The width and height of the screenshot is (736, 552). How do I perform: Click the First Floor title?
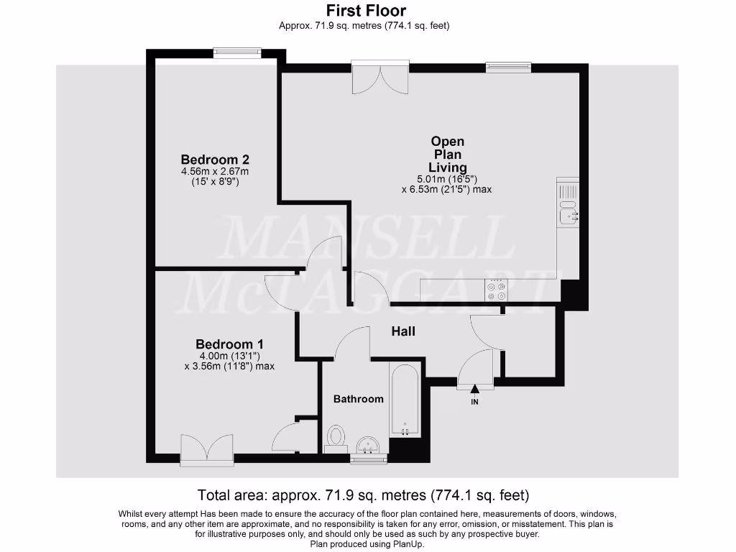(365, 11)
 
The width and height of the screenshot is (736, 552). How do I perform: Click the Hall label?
(403, 331)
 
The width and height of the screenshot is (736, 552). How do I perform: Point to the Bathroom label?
(358, 398)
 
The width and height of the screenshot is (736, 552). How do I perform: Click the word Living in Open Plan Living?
(447, 167)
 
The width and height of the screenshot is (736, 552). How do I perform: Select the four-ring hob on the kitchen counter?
(496, 290)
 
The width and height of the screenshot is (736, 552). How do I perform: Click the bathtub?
(405, 400)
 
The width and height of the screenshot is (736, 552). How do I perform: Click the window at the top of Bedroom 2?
(237, 51)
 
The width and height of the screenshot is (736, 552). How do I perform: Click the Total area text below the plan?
(363, 495)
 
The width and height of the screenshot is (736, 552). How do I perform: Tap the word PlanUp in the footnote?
(406, 544)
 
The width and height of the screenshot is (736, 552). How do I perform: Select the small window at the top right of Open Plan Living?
(508, 67)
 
